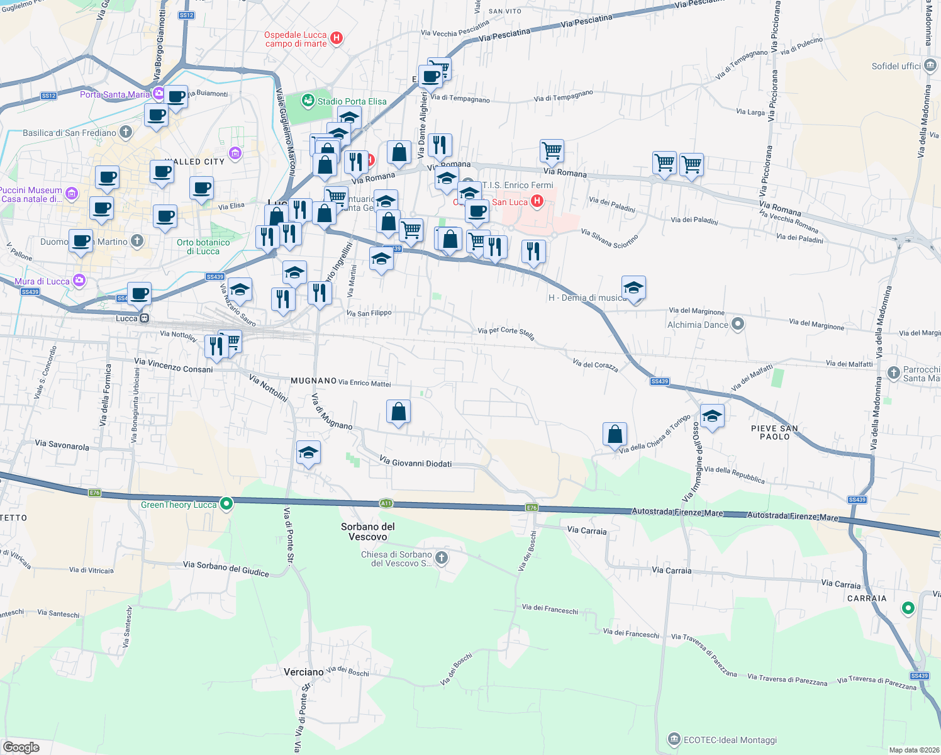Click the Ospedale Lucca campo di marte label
coord(296,39)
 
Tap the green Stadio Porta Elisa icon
coord(308,100)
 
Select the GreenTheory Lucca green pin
coord(227,504)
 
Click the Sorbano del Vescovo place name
coord(368,532)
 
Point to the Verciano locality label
coord(303,672)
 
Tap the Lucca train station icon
coord(145,318)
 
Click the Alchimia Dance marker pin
coord(738,324)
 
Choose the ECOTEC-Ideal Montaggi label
coord(730,740)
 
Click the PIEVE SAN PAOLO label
coord(774,432)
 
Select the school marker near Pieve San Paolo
coord(712,416)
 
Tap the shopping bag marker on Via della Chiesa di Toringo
coord(615,434)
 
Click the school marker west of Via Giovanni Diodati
coord(308,452)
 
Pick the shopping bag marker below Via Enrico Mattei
coord(398,411)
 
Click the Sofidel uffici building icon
coord(930,66)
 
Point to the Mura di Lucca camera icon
coord(79,281)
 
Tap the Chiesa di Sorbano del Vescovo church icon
coord(442,557)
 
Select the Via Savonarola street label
coord(62,444)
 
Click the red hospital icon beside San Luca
coord(537,201)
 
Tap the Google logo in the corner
coord(21,747)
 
